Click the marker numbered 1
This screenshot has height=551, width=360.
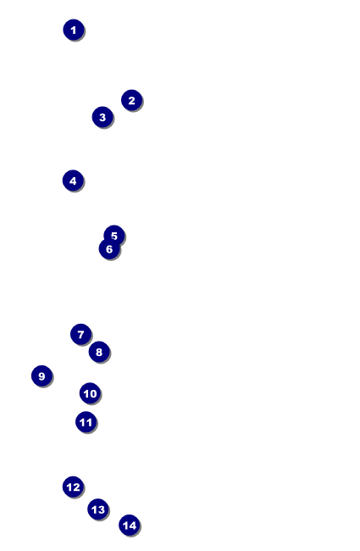tap(74, 30)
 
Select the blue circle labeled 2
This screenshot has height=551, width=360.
tap(131, 100)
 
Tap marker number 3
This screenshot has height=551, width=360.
tap(102, 117)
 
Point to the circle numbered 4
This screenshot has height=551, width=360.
tap(73, 181)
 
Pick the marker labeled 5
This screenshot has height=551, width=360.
tap(114, 235)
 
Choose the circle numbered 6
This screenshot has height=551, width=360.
tap(109, 248)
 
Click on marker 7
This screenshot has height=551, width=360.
tap(80, 334)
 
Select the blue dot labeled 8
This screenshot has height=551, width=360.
tap(99, 352)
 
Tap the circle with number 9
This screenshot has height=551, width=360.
tap(42, 376)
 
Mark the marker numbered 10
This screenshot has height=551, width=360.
tap(91, 393)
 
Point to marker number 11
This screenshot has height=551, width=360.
tap(86, 422)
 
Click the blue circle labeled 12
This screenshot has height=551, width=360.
tap(73, 487)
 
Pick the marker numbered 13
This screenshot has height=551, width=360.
tap(98, 509)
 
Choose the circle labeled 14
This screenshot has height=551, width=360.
tap(130, 526)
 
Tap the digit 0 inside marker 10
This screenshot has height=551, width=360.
tap(93, 393)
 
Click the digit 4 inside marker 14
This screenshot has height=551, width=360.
tap(132, 526)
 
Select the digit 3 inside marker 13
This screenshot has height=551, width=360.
tap(101, 509)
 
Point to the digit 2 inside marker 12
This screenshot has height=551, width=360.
tap(76, 487)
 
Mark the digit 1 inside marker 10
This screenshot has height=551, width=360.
tap(86, 393)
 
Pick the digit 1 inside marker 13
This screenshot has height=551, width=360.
tap(94, 509)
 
